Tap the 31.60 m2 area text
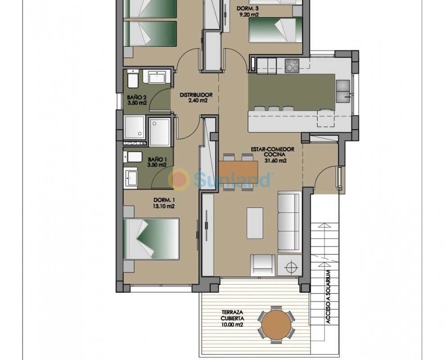(x=275, y=161)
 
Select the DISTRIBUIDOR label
(x=196, y=95)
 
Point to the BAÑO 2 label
(x=137, y=98)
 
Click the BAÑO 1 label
(x=157, y=160)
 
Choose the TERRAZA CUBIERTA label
(x=232, y=315)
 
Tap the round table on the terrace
(x=276, y=325)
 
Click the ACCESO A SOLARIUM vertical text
(x=328, y=297)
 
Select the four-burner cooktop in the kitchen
(x=292, y=65)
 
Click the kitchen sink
(x=343, y=91)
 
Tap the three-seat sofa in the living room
(x=289, y=222)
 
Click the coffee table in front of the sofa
(x=255, y=223)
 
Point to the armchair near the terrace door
(x=262, y=265)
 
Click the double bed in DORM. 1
(x=151, y=239)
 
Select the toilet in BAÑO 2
(x=133, y=79)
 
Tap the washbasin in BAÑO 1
(x=130, y=177)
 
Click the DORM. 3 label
(x=247, y=9)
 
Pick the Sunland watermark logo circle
(x=179, y=179)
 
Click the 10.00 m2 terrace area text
(x=232, y=325)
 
